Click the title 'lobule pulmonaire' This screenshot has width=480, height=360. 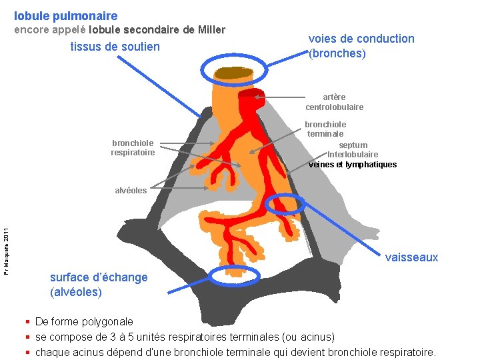pyautogui.click(x=65, y=15)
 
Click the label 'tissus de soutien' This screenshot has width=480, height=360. pyautogui.click(x=115, y=47)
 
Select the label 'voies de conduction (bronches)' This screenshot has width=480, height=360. pyautogui.click(x=361, y=46)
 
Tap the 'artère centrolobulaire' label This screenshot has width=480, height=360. pyautogui.click(x=335, y=102)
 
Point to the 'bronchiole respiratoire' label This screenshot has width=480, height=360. pyautogui.click(x=133, y=147)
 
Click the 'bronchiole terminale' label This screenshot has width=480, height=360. pyautogui.click(x=325, y=129)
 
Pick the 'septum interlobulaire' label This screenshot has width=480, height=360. pyautogui.click(x=352, y=150)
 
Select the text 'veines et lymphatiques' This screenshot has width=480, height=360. pyautogui.click(x=353, y=165)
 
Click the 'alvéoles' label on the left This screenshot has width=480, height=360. pyautogui.click(x=131, y=190)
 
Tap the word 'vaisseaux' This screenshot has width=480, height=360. pyautogui.click(x=411, y=257)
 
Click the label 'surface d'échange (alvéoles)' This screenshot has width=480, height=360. pyautogui.click(x=99, y=285)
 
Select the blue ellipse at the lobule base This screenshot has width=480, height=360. pyautogui.click(x=233, y=275)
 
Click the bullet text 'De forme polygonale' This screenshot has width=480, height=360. pyautogui.click(x=84, y=322)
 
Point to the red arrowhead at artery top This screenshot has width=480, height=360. pyautogui.click(x=248, y=95)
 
